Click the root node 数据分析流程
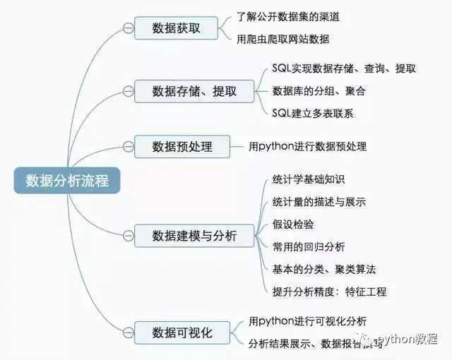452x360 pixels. tap(67, 180)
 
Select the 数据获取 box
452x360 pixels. tap(176, 28)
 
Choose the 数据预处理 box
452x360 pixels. tap(182, 147)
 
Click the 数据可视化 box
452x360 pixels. tap(182, 332)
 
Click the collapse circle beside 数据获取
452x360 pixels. tap(128, 28)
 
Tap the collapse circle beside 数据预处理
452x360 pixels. tap(128, 147)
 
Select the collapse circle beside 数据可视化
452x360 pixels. tap(128, 332)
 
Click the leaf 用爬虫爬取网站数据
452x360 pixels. tap(283, 40)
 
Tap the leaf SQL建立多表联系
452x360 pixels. tap(313, 113)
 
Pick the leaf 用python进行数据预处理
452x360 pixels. tap(308, 147)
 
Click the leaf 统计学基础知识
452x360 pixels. tap(309, 179)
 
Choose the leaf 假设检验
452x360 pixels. tap(293, 224)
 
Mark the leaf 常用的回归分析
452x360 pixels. tap(309, 246)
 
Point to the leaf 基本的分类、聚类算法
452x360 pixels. tap(324, 269)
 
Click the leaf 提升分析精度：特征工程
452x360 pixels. tap(329, 292)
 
